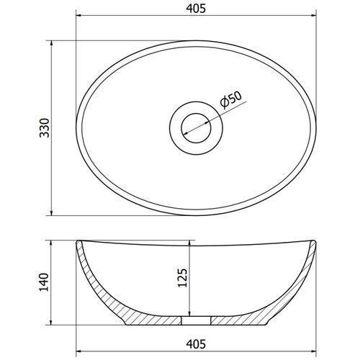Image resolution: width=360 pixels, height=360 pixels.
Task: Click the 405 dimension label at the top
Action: coord(196,9)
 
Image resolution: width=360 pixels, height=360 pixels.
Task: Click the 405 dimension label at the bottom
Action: coord(196,344)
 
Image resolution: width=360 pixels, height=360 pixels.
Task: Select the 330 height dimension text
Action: coord(45,128)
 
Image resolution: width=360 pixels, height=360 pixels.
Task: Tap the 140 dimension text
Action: coord(44,282)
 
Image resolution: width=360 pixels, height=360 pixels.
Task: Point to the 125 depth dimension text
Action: coord(181,278)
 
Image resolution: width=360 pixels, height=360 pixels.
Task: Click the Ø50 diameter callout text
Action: coord(230,100)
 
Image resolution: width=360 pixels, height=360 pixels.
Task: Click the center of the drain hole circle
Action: coord(196,128)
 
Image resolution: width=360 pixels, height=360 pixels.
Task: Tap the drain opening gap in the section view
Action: coord(196,320)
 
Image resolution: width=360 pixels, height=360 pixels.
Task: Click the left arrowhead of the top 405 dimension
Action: coord(78,16)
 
